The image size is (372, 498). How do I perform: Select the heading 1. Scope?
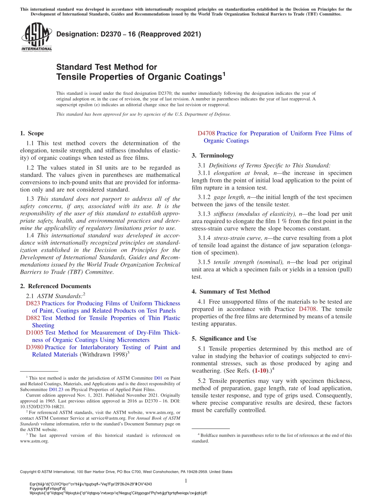click(x=32, y=133)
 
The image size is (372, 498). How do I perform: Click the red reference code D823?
click(x=33, y=303)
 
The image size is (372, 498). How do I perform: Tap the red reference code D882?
click(x=33, y=318)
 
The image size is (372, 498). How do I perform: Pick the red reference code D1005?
click(x=34, y=332)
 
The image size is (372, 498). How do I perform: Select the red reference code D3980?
click(x=34, y=347)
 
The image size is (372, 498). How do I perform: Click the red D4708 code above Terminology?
click(x=206, y=133)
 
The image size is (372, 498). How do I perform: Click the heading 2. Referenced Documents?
click(x=56, y=286)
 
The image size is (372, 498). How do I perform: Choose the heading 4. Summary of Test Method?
click(x=231, y=291)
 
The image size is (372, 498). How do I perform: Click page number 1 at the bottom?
click(x=186, y=481)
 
